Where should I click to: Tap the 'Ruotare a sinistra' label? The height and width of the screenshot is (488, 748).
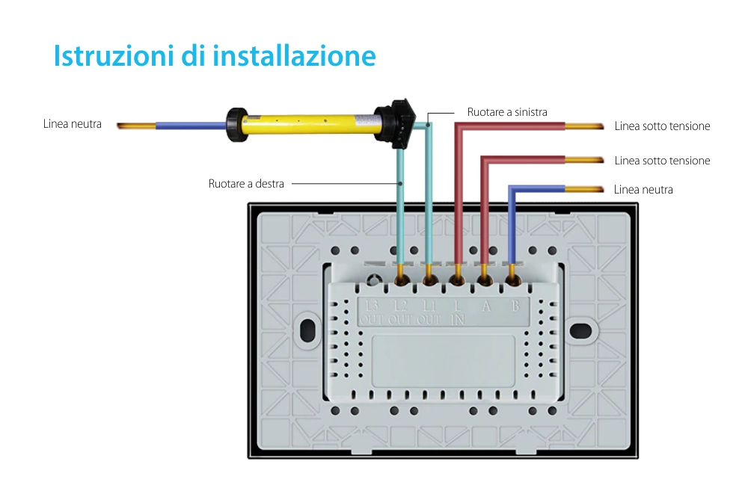coord(507,112)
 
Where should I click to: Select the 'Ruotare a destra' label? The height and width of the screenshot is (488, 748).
coord(246,183)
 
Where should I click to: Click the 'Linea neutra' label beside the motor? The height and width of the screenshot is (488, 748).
coord(73,123)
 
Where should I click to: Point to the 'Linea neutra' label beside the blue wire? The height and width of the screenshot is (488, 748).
coord(643,190)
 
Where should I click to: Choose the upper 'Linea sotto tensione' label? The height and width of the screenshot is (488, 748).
coord(662,126)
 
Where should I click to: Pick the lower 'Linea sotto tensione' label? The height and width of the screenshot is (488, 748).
coord(662,161)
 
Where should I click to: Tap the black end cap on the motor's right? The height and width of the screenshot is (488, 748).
coord(393,121)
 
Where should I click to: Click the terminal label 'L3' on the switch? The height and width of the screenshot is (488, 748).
coord(372,305)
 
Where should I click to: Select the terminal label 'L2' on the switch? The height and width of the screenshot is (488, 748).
coord(400,305)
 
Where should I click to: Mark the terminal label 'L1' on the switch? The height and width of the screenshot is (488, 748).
coord(429,305)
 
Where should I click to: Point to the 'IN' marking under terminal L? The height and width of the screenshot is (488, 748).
coord(458,319)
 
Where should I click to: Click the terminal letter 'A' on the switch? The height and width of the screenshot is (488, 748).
coord(485,305)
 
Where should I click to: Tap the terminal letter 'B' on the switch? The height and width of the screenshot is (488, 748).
coord(515,305)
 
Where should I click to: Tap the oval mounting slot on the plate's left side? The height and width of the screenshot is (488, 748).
coord(306,329)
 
